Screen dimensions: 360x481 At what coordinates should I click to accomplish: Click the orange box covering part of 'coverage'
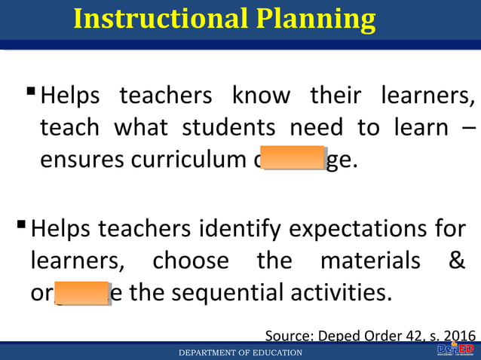[295, 157]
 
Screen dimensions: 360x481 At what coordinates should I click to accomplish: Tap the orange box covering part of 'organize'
[82, 292]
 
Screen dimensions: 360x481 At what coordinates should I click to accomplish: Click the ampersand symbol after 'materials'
[456, 260]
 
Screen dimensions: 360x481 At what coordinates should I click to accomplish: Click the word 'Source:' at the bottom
[291, 335]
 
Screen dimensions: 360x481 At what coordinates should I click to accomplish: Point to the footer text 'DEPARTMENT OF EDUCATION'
[240, 352]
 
